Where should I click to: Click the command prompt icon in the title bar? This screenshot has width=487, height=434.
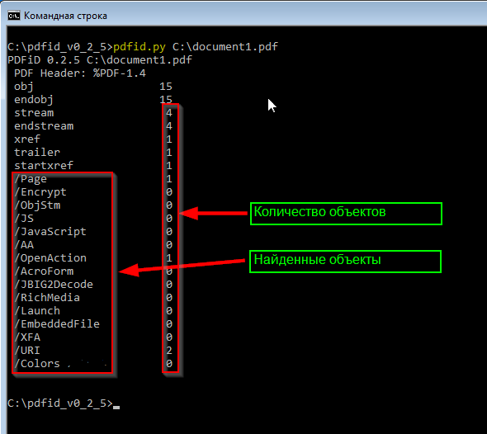click(14, 16)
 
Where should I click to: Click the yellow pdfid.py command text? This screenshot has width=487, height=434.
click(139, 47)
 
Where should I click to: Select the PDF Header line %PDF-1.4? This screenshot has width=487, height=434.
click(80, 73)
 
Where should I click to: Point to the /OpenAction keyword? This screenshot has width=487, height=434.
click(50, 258)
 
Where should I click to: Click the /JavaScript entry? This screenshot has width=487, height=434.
click(50, 232)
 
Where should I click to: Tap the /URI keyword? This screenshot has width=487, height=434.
click(27, 351)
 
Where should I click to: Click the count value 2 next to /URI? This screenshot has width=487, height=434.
click(169, 351)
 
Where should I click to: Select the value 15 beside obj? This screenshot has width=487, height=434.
click(166, 87)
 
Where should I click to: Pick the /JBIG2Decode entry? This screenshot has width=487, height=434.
click(54, 285)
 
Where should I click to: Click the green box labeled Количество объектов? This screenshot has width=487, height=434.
click(346, 214)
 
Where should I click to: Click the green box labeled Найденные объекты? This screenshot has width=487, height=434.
click(345, 262)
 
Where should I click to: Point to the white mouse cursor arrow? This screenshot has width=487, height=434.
click(272, 106)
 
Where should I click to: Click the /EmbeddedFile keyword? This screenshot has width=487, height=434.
click(57, 324)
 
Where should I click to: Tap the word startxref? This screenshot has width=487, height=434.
click(44, 166)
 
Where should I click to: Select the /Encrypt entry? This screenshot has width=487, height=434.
click(40, 192)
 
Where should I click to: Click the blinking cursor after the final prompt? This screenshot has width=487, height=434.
click(116, 408)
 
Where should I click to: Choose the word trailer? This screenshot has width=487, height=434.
click(37, 152)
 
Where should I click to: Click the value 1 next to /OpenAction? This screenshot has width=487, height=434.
click(169, 258)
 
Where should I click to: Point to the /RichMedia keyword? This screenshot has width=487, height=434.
click(47, 298)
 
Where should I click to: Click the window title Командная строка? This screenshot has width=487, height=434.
click(65, 16)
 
